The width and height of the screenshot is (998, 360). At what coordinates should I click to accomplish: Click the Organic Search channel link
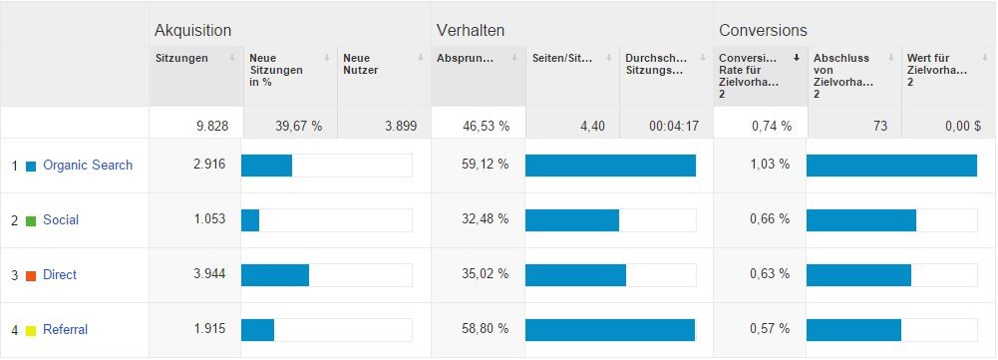[x=88, y=165]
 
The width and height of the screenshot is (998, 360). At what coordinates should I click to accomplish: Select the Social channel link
[x=61, y=219]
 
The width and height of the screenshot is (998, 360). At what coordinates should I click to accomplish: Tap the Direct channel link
[x=60, y=274]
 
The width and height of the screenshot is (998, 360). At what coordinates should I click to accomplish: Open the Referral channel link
[x=66, y=329]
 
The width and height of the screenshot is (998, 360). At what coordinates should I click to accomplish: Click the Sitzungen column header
[x=181, y=58]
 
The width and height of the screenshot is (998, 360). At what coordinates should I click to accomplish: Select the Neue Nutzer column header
[x=360, y=64]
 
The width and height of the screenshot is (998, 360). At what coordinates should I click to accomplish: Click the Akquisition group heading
[x=192, y=30]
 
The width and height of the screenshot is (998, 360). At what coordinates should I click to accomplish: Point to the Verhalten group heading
[x=471, y=30]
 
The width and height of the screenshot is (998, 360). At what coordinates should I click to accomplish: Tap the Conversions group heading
[x=763, y=30]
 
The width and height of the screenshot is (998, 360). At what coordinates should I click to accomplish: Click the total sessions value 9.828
[x=212, y=127]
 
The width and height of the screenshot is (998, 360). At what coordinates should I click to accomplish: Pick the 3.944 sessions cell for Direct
[x=209, y=274]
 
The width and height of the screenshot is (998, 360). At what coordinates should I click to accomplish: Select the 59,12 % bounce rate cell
[x=485, y=165]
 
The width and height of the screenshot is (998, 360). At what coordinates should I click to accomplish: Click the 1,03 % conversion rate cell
[x=770, y=165]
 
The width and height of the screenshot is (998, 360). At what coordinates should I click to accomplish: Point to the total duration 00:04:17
[x=674, y=127]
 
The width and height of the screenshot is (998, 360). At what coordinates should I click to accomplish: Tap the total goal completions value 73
[x=879, y=127]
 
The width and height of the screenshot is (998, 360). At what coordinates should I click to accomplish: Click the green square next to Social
[x=31, y=221]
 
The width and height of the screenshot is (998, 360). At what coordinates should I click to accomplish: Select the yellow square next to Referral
[x=31, y=331]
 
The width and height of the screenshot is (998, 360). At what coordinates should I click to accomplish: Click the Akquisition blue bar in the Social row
[x=250, y=219]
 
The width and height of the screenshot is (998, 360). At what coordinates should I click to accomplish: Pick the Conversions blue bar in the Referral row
[x=853, y=329]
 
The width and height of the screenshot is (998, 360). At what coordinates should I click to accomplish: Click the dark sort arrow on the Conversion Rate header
[x=796, y=58]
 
